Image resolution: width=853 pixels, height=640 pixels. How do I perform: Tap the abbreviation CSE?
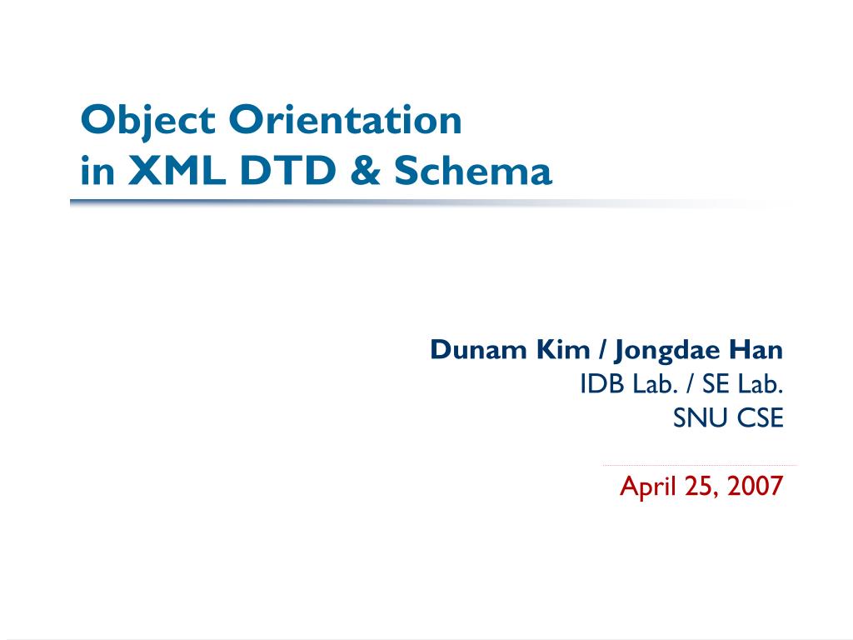point(760,418)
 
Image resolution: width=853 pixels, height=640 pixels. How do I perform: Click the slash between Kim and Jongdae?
point(601,351)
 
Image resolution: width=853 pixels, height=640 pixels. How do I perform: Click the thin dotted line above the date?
point(699,465)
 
